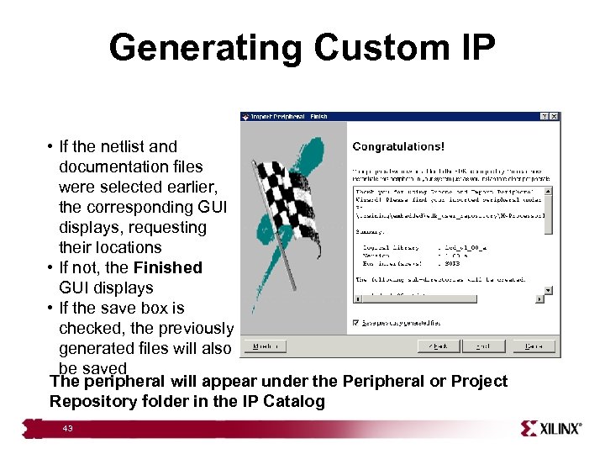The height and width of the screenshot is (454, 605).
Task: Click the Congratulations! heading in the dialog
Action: tap(398, 146)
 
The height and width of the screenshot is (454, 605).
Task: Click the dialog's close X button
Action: tap(554, 117)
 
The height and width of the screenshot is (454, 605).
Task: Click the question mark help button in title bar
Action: tap(544, 117)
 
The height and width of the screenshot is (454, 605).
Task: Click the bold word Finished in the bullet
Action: tap(167, 267)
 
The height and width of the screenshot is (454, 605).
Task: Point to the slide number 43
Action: tap(67, 429)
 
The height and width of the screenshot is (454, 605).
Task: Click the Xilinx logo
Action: tap(550, 429)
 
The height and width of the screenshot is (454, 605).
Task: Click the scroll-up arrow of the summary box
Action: tap(549, 191)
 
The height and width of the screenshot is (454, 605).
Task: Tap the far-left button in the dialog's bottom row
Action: tap(266, 346)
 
